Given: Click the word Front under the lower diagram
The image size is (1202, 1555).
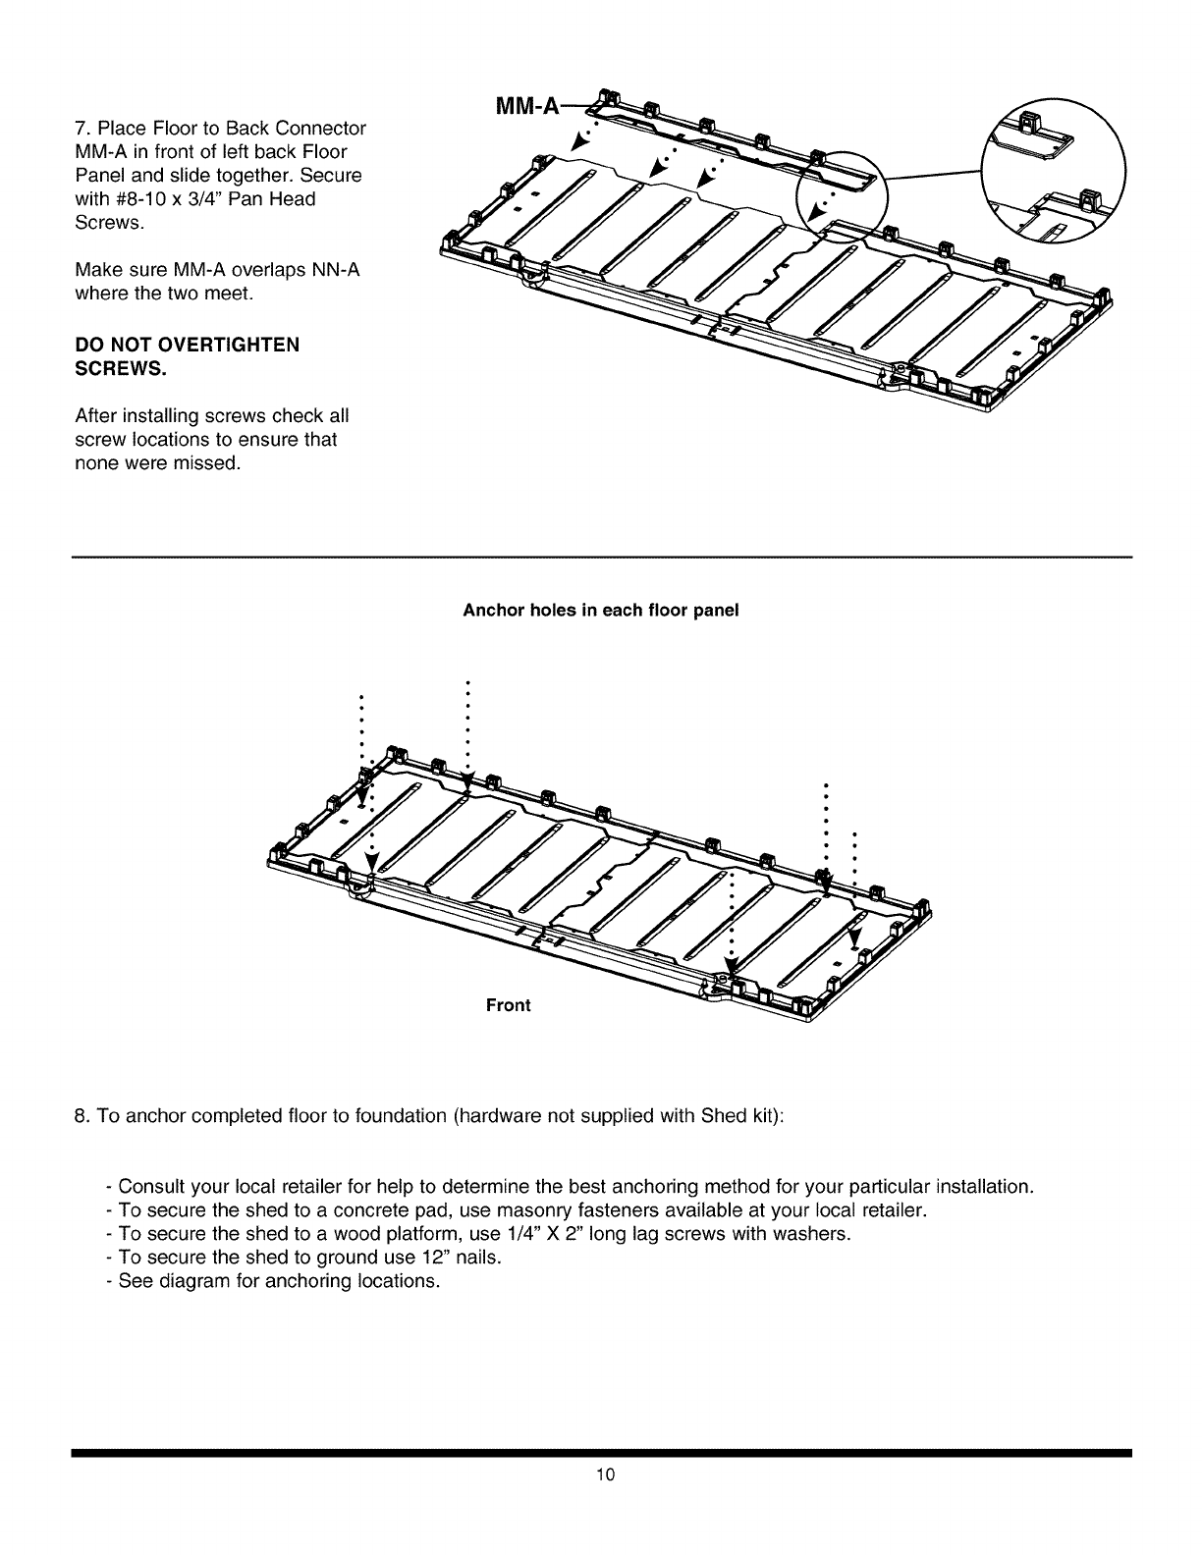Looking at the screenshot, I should pos(509,1005).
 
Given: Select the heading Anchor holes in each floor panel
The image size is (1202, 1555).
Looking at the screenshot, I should pos(600,611).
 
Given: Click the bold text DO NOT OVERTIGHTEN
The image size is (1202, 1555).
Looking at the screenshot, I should pos(188,345).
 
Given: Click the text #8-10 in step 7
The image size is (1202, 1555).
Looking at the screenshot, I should pos(143,199).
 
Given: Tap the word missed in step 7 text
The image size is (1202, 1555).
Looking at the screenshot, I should pos(207,463).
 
